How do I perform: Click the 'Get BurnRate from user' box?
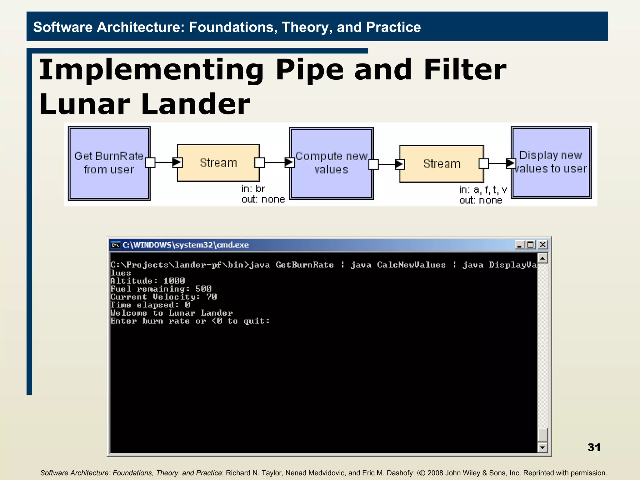coord(109,163)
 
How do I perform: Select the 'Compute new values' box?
coord(331,163)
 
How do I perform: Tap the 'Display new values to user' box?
coord(551,162)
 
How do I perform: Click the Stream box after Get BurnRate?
coord(218,163)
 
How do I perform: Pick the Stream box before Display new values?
coord(442,164)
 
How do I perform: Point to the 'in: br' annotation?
coord(253,189)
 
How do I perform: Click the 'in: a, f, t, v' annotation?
coord(483,190)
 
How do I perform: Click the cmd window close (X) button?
coord(543,245)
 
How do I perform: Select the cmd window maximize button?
coord(531,245)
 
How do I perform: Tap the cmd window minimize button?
coord(519,245)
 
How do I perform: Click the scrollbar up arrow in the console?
coord(542,258)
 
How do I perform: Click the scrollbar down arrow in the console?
coord(542,447)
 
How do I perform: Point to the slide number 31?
coord(594,447)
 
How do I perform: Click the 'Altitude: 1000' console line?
coord(147,281)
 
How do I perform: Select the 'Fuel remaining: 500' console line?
coord(161,289)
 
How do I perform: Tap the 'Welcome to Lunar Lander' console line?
coord(172,313)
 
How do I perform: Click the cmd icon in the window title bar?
coord(116,245)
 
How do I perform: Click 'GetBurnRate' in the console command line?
coord(305,265)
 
